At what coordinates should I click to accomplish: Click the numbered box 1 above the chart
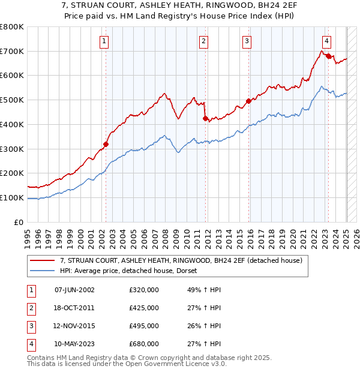coord(104,41)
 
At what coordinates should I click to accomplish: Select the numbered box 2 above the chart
coord(204,41)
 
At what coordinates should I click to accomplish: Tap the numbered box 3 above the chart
coord(247,41)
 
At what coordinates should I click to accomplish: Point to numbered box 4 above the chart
coord(326,41)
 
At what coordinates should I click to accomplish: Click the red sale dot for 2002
coord(106,144)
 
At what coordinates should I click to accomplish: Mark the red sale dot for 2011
coord(205,118)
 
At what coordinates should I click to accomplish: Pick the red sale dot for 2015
coord(248,101)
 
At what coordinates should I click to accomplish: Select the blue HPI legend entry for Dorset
coord(132,271)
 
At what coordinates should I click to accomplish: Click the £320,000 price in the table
coord(143,290)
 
